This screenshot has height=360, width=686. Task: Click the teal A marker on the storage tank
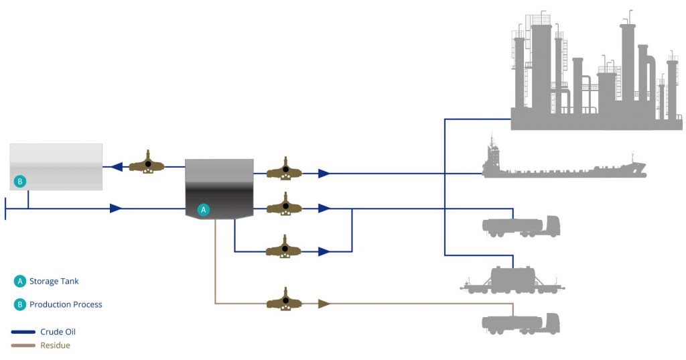204,210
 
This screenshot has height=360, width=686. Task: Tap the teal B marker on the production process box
20,181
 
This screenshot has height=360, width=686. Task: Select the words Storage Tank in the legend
54,282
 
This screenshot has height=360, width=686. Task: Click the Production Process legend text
66,304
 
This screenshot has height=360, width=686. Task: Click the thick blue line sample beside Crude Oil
23,332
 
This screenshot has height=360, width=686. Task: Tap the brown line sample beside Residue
23,346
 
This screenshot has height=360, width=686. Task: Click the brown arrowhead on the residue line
324,304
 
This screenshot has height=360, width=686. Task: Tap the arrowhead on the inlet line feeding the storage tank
115,209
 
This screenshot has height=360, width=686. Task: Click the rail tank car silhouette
512,280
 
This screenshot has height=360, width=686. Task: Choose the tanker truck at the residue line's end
520,323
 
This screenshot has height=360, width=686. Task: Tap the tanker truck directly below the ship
520,227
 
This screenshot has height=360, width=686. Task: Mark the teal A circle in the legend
20,282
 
